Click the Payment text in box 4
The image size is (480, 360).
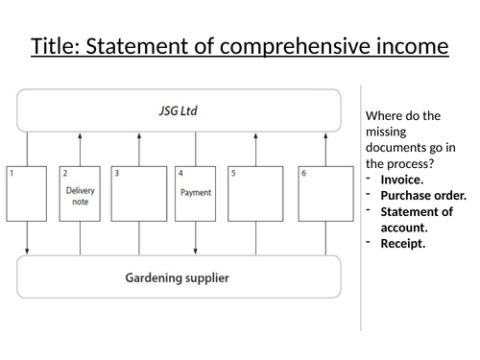(195, 192)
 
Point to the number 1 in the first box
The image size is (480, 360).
(12, 173)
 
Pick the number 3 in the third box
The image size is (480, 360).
(117, 173)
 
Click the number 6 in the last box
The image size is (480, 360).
(303, 173)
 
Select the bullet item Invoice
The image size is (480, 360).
(400, 180)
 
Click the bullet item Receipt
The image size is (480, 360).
(401, 244)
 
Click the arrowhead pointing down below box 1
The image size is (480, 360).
(28, 252)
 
